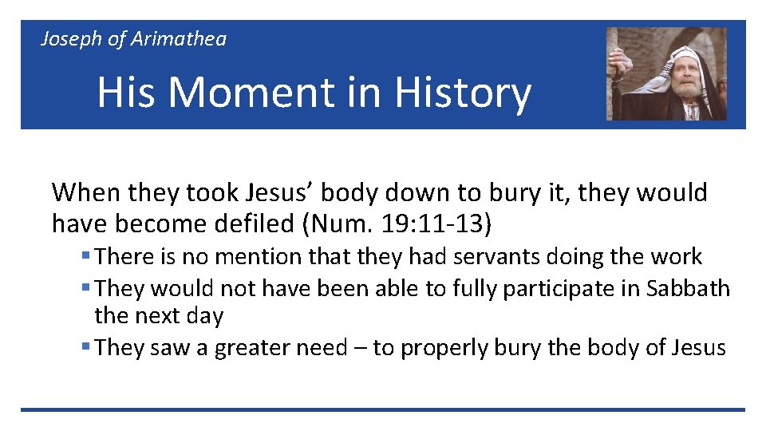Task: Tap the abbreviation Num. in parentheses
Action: [x=338, y=225]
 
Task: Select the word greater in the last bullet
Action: [x=256, y=348]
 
